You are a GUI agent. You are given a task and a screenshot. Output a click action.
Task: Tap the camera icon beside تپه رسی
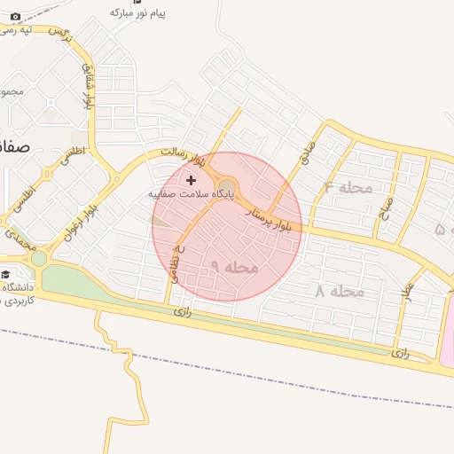(15, 16)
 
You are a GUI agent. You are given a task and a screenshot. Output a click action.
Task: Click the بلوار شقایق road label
(87, 85)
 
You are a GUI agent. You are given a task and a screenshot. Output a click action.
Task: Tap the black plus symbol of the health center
(191, 179)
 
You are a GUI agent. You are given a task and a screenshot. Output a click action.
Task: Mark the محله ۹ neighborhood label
(234, 267)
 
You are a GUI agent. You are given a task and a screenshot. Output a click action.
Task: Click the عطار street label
(408, 296)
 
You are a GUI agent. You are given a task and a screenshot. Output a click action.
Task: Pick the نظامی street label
(177, 262)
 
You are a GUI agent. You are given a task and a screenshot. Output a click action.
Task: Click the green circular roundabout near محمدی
(39, 259)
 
